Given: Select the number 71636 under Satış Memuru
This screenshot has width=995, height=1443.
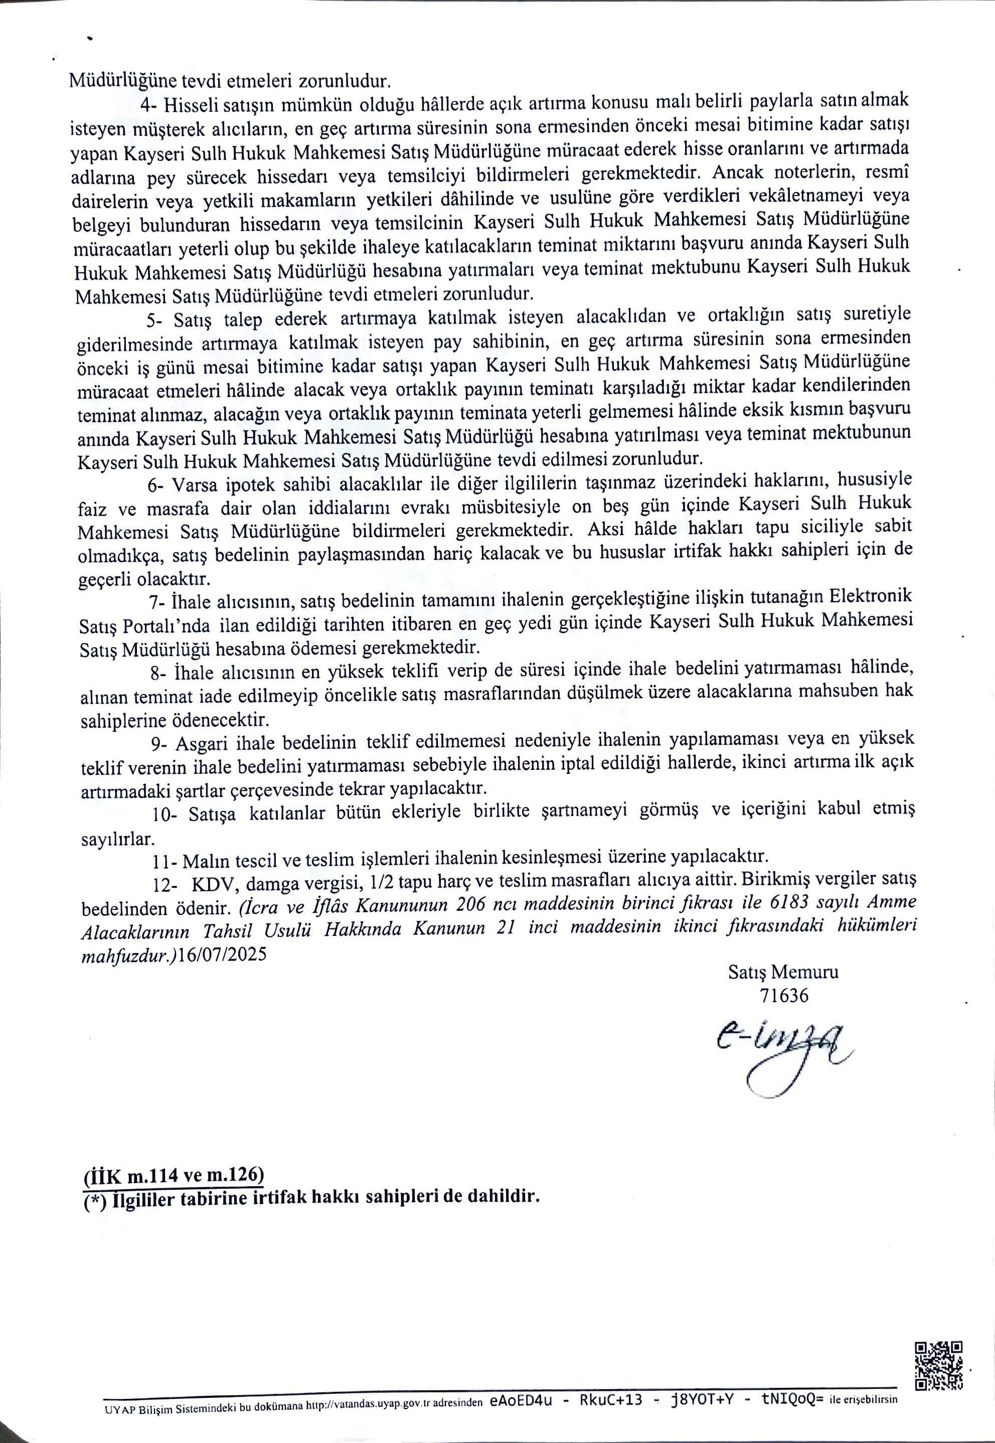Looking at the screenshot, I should pos(784,996).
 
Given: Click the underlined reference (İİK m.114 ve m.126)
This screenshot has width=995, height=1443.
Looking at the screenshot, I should pos(174,1176).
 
